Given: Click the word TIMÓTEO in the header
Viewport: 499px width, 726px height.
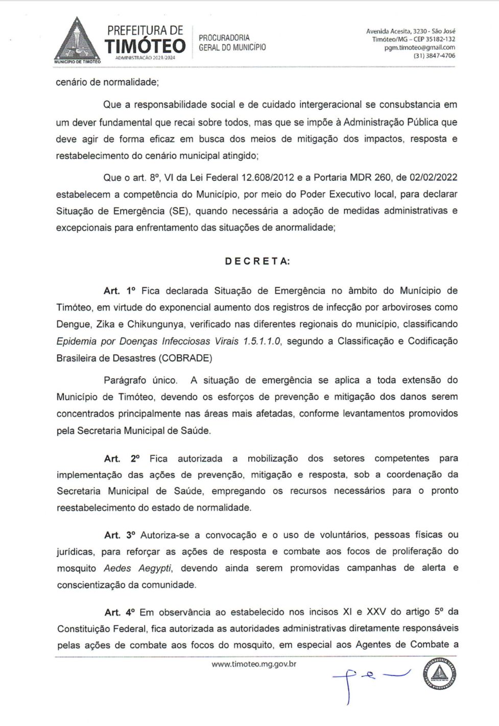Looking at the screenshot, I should coord(145,45).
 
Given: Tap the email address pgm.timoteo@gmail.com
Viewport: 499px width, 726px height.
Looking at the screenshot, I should coord(419,47).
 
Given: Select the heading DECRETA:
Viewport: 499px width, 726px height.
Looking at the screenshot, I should coord(257,261).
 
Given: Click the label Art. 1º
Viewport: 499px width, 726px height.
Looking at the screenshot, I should coord(120,291).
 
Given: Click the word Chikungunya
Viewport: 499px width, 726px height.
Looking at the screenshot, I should coord(158,324).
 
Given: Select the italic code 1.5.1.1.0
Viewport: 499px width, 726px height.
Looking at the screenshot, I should coord(262,341).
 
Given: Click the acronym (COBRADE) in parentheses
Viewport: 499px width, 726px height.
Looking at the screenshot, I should coord(185,358).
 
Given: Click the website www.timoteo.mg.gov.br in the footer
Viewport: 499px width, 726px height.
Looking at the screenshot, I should coord(254,664).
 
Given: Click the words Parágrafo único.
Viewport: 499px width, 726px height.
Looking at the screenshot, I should coord(140,380).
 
